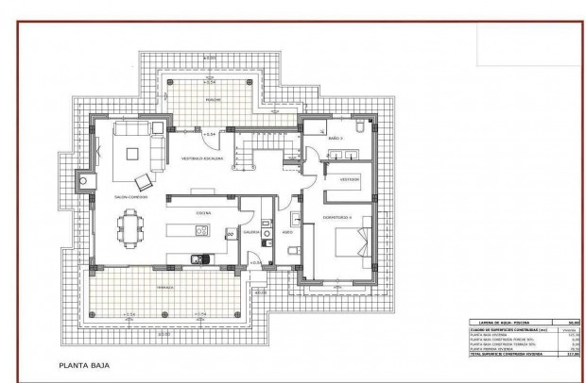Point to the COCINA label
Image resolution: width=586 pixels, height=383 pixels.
203,214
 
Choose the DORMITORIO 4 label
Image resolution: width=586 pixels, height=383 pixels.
337,217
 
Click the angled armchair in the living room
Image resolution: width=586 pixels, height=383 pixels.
144,181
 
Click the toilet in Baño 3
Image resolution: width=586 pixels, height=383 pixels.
357,125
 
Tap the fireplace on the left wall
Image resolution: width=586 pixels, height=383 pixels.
84,178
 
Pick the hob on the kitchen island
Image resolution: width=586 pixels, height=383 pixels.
230,232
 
